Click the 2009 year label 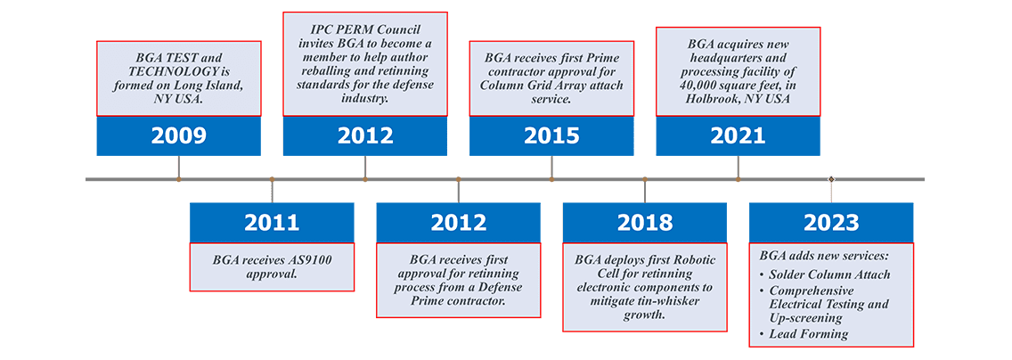[179, 135]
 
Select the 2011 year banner [272, 222]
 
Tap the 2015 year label [551, 135]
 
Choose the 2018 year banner [645, 222]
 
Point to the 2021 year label [738, 135]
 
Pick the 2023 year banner [831, 222]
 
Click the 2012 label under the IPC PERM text [365, 135]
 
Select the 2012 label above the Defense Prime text [458, 222]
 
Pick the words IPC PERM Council [365, 31]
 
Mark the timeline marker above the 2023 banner [831, 179]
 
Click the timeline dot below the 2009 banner [179, 179]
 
